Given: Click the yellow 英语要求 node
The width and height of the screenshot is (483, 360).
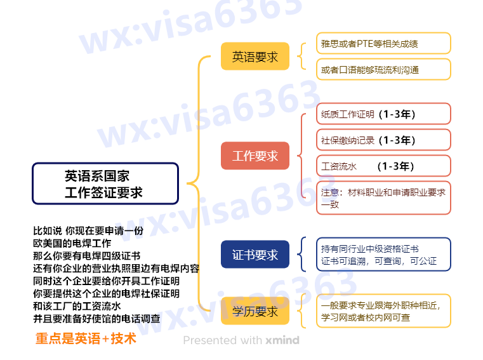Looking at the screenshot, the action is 255,57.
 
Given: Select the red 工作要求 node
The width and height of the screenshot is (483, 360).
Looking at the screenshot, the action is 255,156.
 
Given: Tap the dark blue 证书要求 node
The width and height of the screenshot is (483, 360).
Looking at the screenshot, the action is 255,255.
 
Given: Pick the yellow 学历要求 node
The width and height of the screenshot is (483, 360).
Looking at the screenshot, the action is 255,311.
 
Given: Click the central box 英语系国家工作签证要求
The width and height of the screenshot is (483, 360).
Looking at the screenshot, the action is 105,184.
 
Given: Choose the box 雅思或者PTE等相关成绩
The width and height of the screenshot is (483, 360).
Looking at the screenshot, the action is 383,44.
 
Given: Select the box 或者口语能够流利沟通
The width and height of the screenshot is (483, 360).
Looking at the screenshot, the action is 383,69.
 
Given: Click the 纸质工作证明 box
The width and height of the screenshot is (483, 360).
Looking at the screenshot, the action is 383,114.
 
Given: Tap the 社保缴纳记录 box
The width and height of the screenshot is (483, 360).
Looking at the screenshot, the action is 383,140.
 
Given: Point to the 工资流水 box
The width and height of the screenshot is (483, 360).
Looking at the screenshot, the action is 383,166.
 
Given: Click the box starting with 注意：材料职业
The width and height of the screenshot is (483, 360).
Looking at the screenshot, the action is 383,198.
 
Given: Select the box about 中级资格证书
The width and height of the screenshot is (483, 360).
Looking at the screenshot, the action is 383,255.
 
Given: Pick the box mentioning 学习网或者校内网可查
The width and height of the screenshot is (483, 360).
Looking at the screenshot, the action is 383,311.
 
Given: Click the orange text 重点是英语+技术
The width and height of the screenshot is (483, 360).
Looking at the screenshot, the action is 86,338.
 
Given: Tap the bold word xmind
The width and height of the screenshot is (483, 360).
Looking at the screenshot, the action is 282,340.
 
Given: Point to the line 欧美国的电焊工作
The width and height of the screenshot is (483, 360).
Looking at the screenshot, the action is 72,243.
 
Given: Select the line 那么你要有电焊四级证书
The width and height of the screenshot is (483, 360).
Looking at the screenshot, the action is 86,256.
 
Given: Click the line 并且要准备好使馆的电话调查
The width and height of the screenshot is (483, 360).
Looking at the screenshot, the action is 96,319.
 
